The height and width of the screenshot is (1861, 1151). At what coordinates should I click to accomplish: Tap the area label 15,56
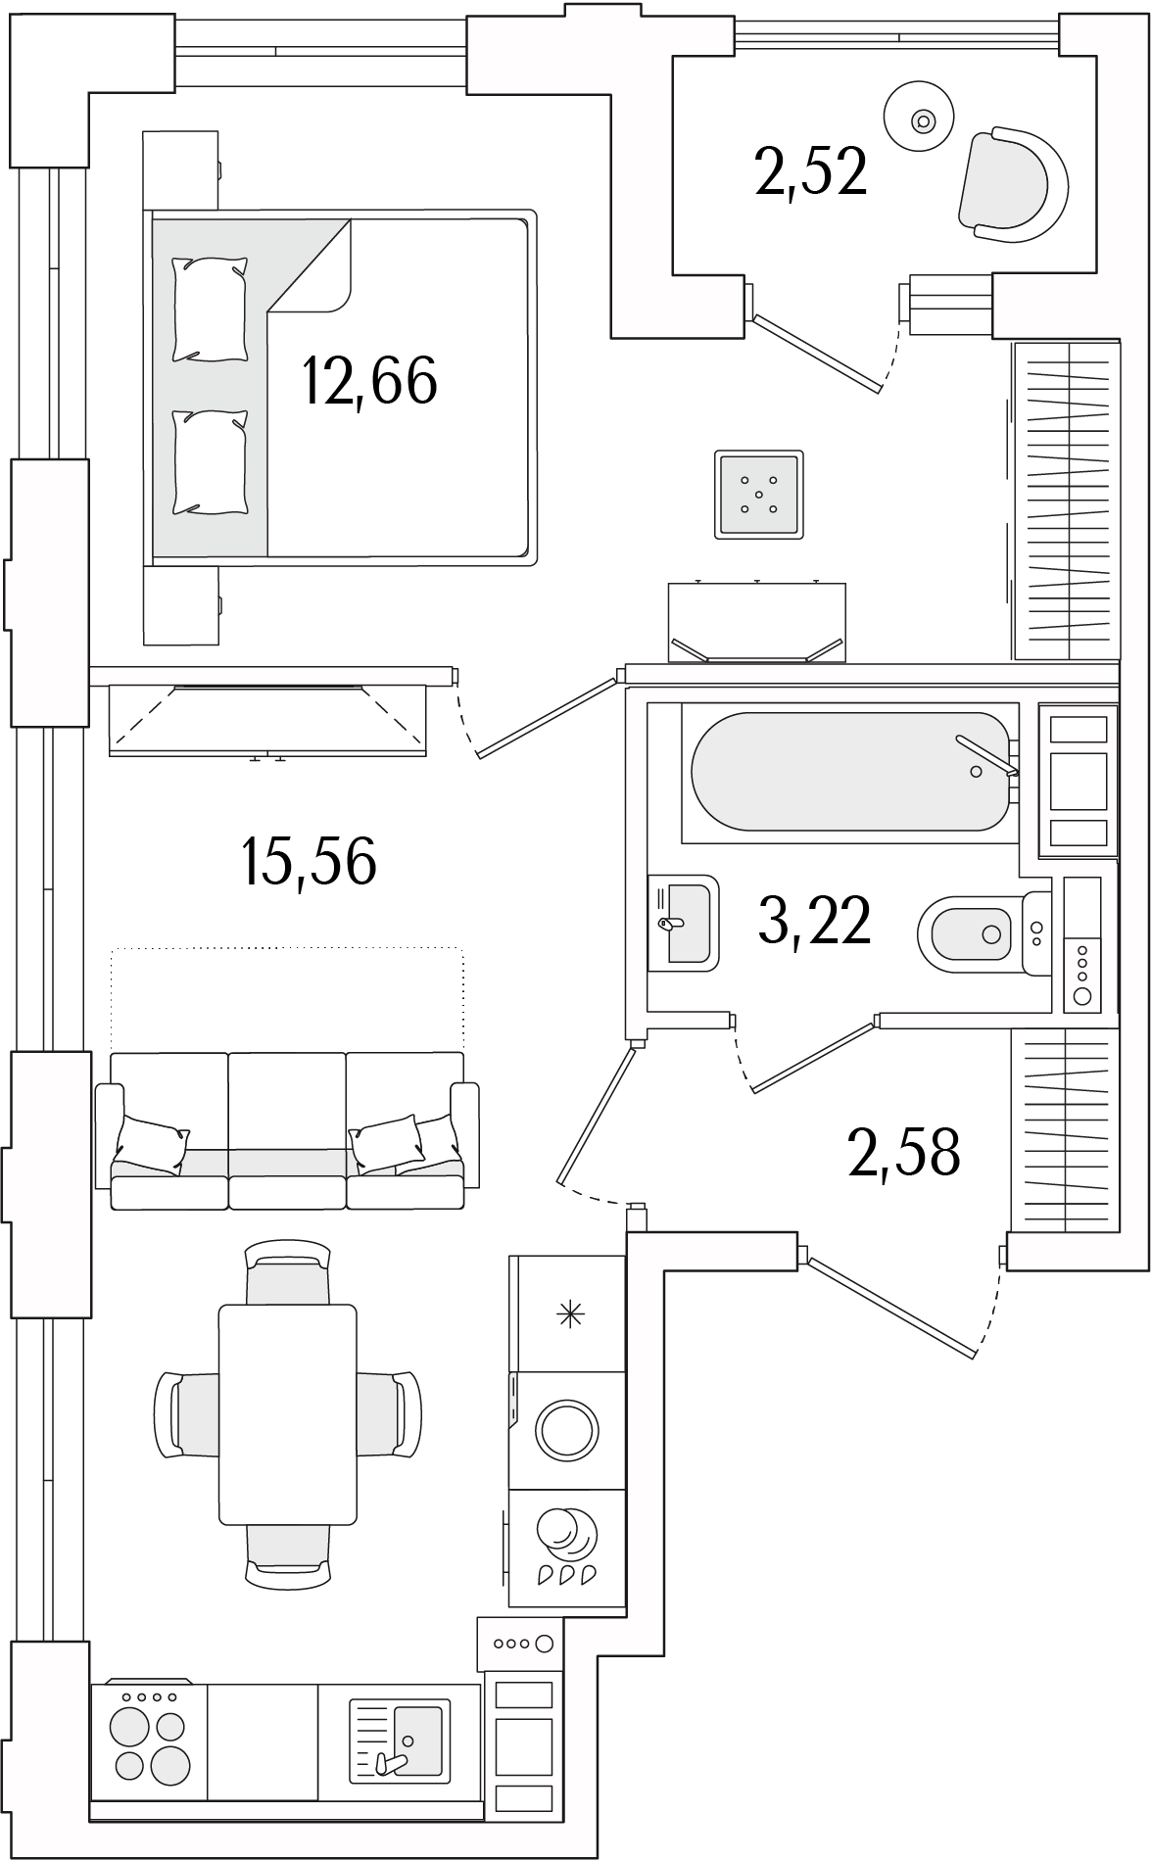309,862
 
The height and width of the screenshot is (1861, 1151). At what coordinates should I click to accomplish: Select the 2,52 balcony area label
811,172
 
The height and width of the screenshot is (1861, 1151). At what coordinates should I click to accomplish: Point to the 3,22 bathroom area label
815,922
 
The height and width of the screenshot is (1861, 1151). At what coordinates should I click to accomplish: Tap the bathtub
849,771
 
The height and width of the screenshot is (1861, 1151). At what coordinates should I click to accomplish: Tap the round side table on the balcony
920,120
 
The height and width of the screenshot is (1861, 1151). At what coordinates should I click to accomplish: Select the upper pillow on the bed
210,310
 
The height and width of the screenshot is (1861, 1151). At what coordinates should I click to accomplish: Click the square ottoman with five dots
759,495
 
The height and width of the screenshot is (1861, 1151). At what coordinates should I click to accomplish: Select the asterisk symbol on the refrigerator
567,1314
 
